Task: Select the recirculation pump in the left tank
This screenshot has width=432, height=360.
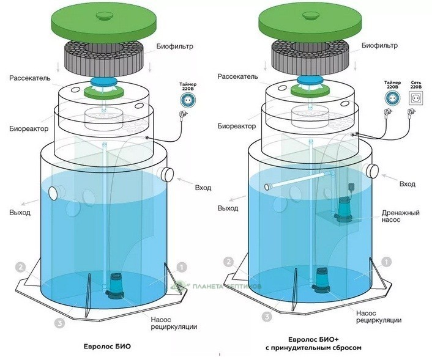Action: tap(115, 285)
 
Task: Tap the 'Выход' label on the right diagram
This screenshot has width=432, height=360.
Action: tap(228, 208)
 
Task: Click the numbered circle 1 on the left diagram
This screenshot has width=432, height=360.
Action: tap(181, 267)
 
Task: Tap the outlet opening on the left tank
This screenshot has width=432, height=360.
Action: tap(53, 194)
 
